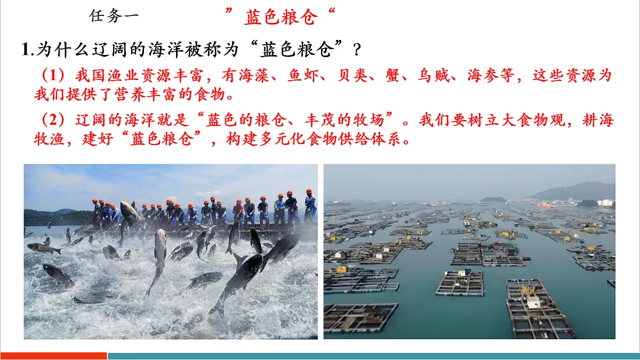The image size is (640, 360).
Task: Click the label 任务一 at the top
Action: (114, 16)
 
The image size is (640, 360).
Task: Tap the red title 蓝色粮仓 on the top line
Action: (281, 17)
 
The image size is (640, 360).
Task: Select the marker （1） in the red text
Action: (53, 76)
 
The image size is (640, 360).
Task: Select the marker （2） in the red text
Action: (53, 120)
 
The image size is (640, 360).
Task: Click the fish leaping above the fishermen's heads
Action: (130, 212)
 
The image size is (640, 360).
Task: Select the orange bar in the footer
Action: (54, 356)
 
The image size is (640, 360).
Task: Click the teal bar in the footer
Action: (373, 356)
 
